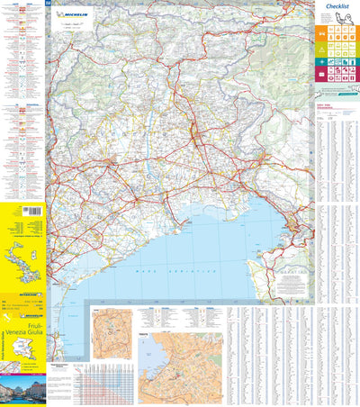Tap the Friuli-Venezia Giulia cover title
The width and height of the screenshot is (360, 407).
pyautogui.click(x=22, y=335)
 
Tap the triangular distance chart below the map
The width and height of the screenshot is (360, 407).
pyautogui.click(x=104, y=382)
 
